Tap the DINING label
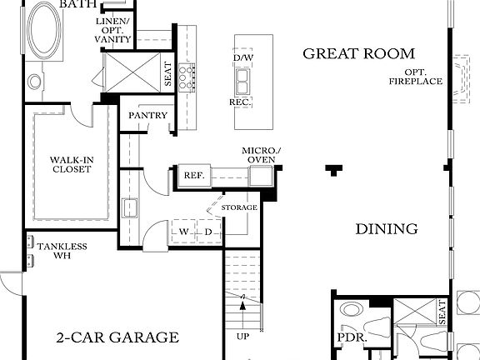point(387,229)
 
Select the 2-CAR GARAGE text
point(117,337)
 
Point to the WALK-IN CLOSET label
point(70,163)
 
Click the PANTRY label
point(148,116)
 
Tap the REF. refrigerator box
point(193,175)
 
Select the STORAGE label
point(239,207)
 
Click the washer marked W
point(183,231)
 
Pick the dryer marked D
point(208,231)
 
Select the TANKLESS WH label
point(62,251)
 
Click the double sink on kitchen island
point(244,79)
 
